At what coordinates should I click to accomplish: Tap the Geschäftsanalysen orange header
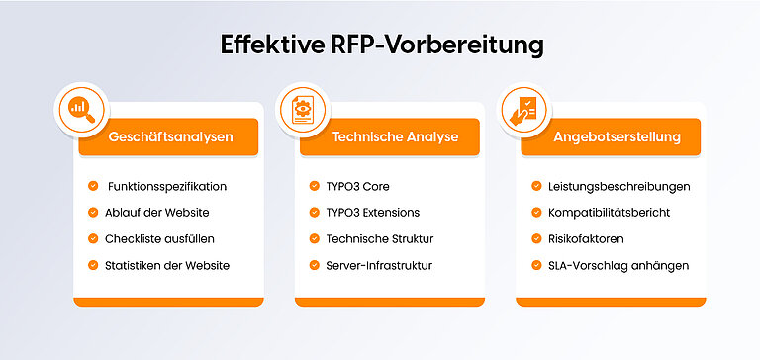point(171,136)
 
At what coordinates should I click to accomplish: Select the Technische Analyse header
point(395,136)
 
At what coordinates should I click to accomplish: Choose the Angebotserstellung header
point(617,136)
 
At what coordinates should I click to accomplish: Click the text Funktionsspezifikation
point(167,186)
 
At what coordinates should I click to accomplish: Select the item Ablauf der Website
point(156,213)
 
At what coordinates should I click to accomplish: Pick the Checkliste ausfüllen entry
point(159,238)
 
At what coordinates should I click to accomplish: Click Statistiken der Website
point(167,265)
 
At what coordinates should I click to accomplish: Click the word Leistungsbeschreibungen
point(618,186)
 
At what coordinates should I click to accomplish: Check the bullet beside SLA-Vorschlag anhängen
point(535,265)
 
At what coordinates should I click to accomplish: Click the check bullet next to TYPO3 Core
point(314,186)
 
